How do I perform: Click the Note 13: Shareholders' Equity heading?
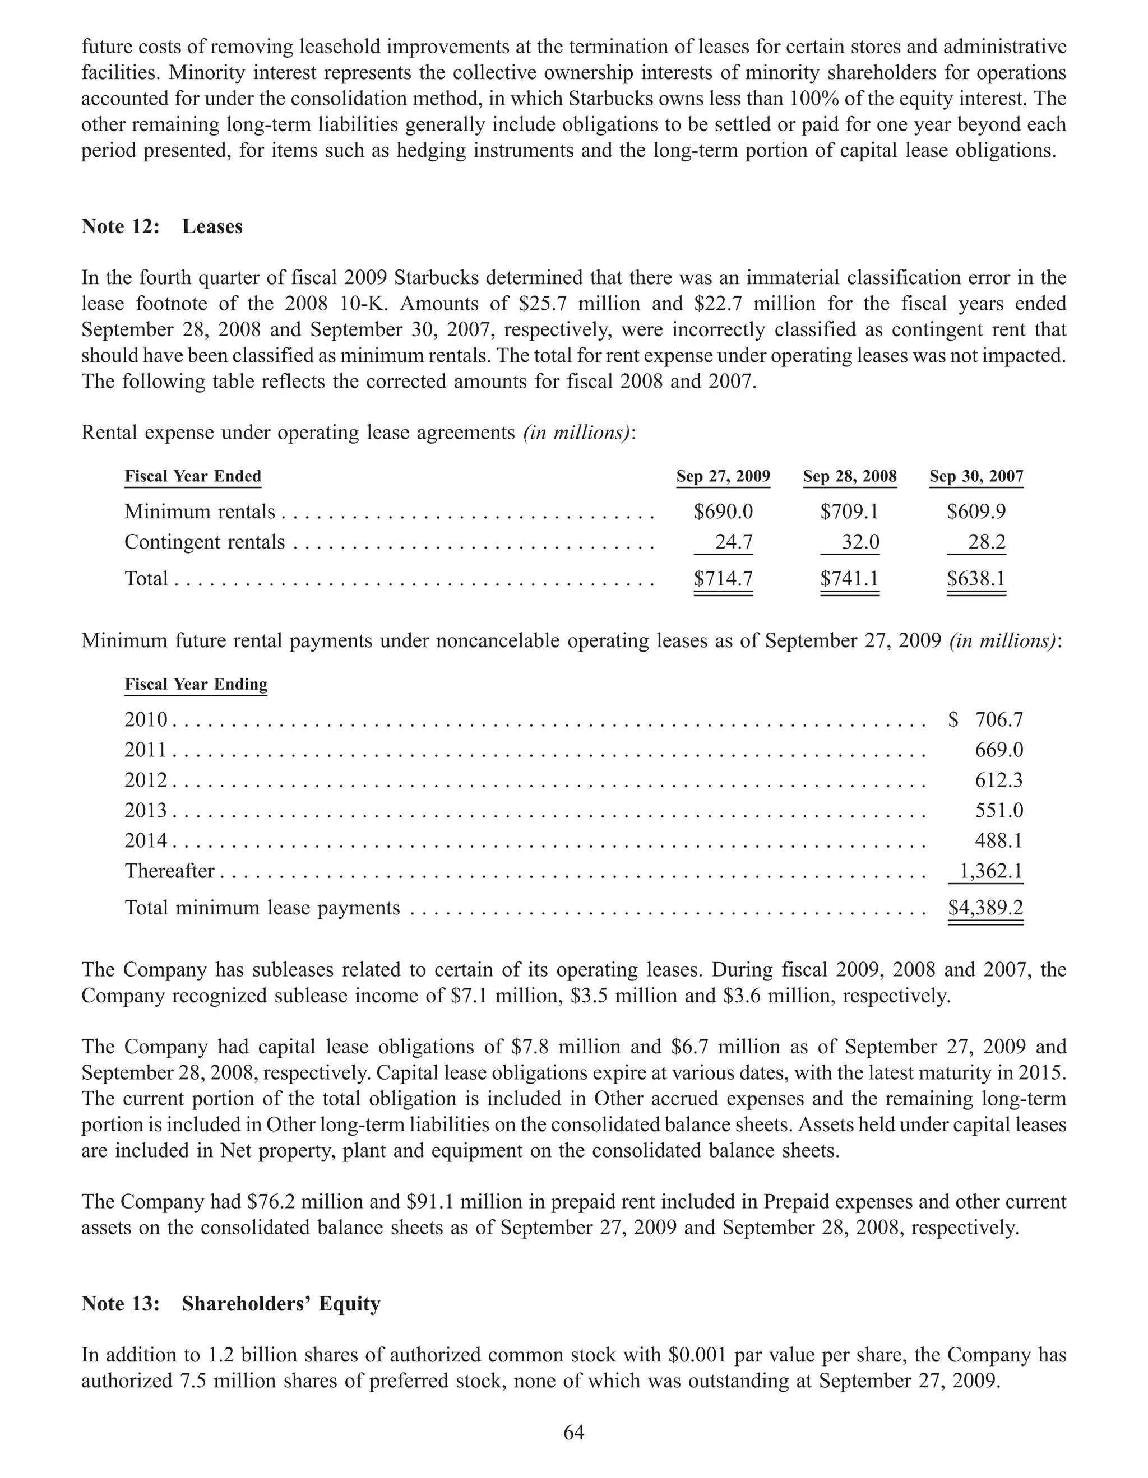click(x=231, y=1303)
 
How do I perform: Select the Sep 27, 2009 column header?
click(x=723, y=476)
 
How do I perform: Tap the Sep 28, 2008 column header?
click(x=849, y=476)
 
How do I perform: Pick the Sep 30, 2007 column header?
click(x=976, y=476)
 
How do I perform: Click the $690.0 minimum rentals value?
click(x=723, y=511)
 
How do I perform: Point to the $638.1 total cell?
click(x=976, y=579)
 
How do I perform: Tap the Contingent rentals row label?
click(x=205, y=542)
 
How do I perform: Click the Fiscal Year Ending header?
click(x=196, y=684)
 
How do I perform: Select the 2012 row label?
click(x=146, y=780)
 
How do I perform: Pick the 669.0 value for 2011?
click(x=998, y=750)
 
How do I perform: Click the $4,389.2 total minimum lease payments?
click(x=985, y=908)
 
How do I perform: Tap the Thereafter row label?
click(x=169, y=871)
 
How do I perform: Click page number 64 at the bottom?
click(x=574, y=1433)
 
